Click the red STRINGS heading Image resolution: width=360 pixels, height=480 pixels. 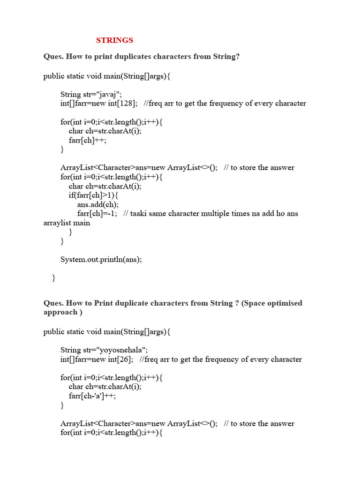(x=114, y=40)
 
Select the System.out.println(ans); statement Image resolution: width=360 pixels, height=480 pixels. (x=101, y=259)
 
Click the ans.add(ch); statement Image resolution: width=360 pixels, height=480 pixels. (x=98, y=204)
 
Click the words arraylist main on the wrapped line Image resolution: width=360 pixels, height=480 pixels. (x=67, y=223)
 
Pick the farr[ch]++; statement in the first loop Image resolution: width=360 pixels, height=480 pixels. (x=90, y=140)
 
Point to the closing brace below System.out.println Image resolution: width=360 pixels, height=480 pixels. (x=53, y=278)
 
